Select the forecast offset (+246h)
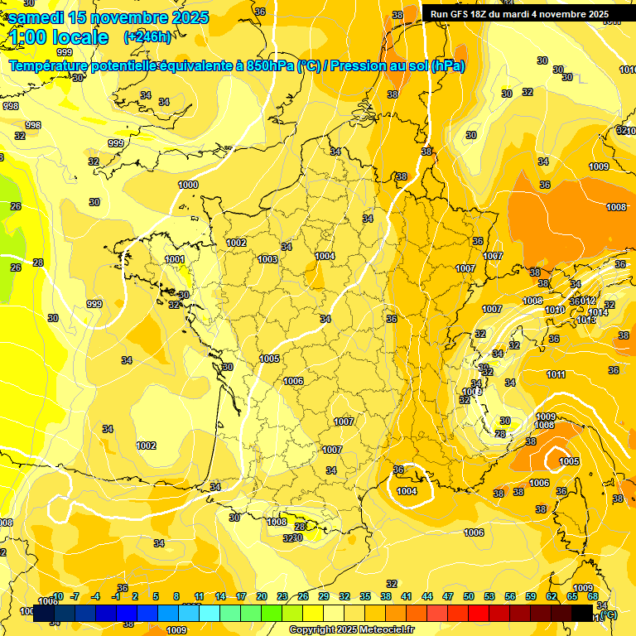click(x=147, y=36)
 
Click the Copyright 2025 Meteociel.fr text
click(x=350, y=629)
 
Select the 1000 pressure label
click(x=188, y=185)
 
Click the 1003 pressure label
click(x=267, y=259)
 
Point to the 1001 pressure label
click(x=175, y=259)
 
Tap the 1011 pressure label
click(x=556, y=374)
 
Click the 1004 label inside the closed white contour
click(x=407, y=491)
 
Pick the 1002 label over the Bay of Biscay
click(x=147, y=446)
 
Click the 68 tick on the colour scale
click(x=593, y=596)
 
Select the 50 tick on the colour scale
click(x=469, y=596)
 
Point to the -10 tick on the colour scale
click(x=57, y=596)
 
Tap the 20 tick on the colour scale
click(x=262, y=596)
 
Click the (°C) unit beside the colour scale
click(x=608, y=614)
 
